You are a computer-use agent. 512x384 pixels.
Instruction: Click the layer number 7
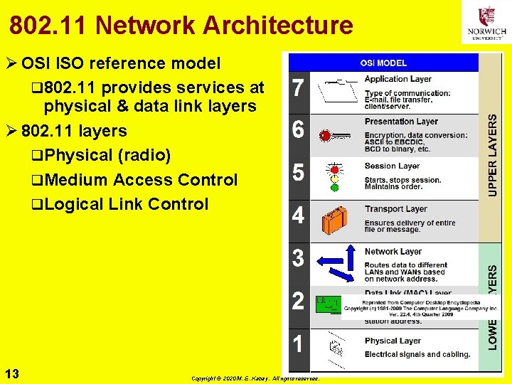coord(299,90)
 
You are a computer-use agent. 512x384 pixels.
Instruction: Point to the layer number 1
coord(299,344)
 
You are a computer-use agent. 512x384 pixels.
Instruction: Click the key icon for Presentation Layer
coord(335,134)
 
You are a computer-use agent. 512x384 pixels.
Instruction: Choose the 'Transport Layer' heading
coord(396,209)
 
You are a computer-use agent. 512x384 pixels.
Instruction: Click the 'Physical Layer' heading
coord(393,341)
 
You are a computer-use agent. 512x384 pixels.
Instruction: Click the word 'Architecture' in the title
coord(278,26)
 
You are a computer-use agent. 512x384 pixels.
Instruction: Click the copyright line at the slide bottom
coord(256,378)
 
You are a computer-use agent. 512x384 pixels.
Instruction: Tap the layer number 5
coord(299,173)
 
